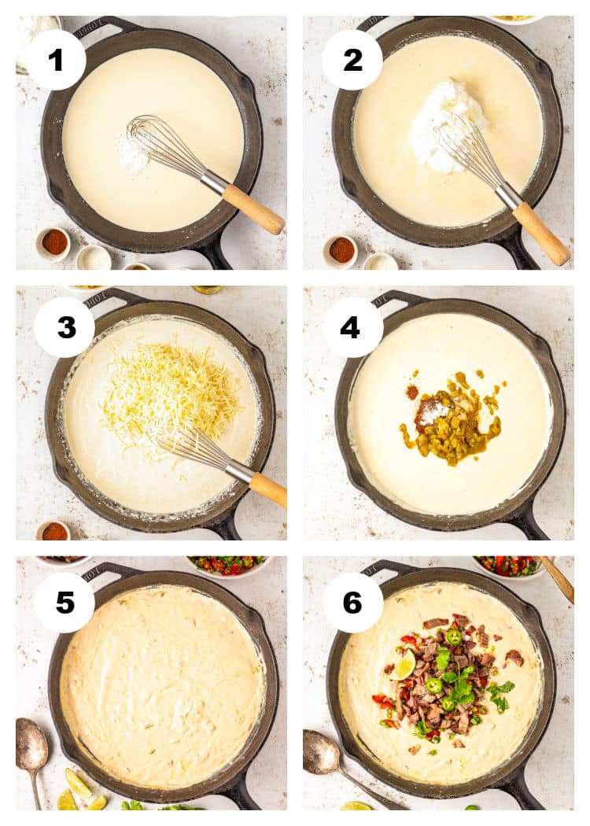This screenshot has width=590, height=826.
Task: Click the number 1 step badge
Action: (55, 59)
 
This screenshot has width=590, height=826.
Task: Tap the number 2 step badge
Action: (352, 59)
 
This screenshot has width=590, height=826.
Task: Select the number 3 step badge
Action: (65, 327)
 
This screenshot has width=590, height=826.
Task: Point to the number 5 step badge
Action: (65, 603)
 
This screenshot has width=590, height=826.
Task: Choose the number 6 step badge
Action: (352, 603)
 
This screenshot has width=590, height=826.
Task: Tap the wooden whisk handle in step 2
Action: (541, 234)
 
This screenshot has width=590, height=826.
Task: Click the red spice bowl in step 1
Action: (54, 242)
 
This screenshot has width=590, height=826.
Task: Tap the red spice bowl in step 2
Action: (341, 249)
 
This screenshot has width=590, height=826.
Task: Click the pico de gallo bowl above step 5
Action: (227, 565)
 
